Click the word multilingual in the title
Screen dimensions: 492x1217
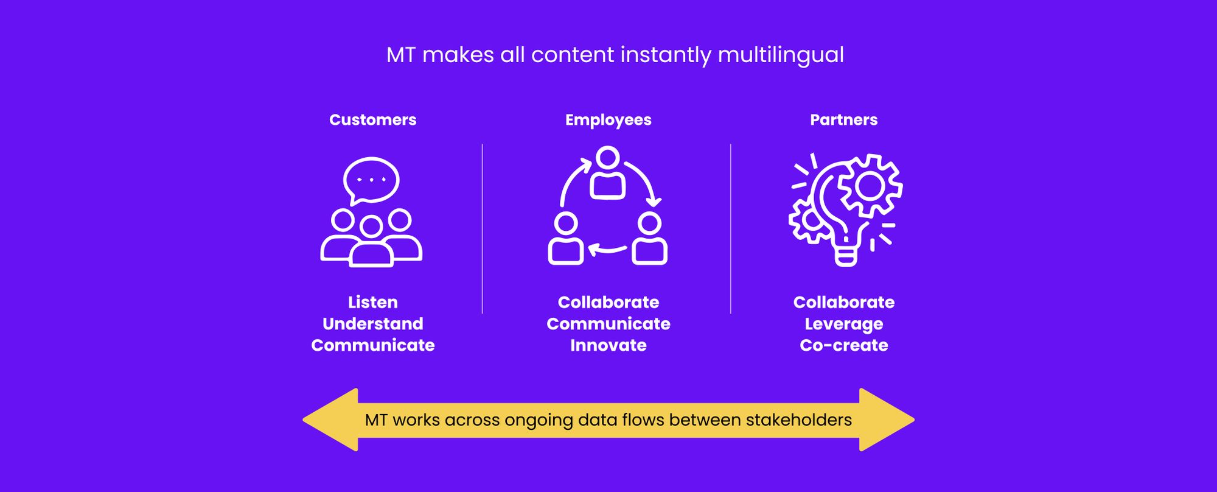pos(781,55)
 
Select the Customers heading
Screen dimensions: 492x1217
pos(372,120)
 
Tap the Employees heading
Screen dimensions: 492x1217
pos(608,120)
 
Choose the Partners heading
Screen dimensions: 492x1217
pos(843,120)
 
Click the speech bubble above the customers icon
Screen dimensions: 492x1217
pos(371,180)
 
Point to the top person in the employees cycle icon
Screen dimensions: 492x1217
pos(607,174)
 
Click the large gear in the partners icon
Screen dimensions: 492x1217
pos(870,186)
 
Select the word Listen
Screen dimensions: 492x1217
pos(372,303)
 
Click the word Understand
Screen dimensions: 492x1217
pos(372,324)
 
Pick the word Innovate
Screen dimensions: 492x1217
pos(608,345)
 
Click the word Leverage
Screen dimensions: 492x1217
pos(843,324)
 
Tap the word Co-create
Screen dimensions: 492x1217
pos(843,345)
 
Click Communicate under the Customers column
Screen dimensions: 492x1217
pos(372,345)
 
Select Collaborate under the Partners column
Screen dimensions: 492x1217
pos(843,303)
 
